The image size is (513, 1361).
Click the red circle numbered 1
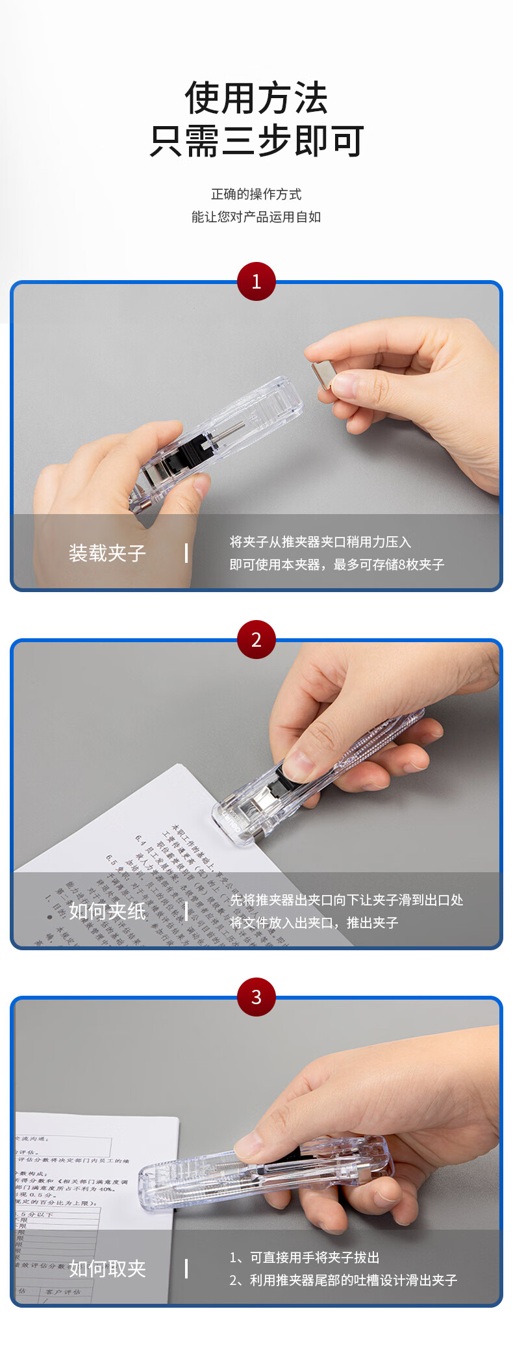[x=256, y=281]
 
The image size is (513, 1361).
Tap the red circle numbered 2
[x=256, y=640]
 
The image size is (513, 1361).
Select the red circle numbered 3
[x=256, y=997]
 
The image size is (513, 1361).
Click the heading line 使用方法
[x=256, y=98]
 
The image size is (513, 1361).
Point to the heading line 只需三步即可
[x=256, y=141]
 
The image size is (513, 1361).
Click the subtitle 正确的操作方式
[x=256, y=194]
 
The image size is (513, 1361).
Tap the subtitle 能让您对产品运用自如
[x=256, y=217]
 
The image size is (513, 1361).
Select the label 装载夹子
[x=107, y=553]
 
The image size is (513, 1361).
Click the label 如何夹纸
[x=107, y=911]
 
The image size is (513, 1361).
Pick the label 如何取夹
[x=107, y=1268]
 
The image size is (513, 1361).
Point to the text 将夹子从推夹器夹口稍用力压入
[x=320, y=542]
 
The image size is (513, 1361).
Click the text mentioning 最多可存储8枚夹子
[x=336, y=565]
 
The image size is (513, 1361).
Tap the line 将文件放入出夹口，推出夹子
[x=314, y=923]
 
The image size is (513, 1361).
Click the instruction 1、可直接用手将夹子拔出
[x=304, y=1258]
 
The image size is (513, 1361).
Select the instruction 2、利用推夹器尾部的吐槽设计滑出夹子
[x=343, y=1280]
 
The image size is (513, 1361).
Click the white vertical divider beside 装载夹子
[x=186, y=553]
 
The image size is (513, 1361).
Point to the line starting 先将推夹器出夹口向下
[x=346, y=900]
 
